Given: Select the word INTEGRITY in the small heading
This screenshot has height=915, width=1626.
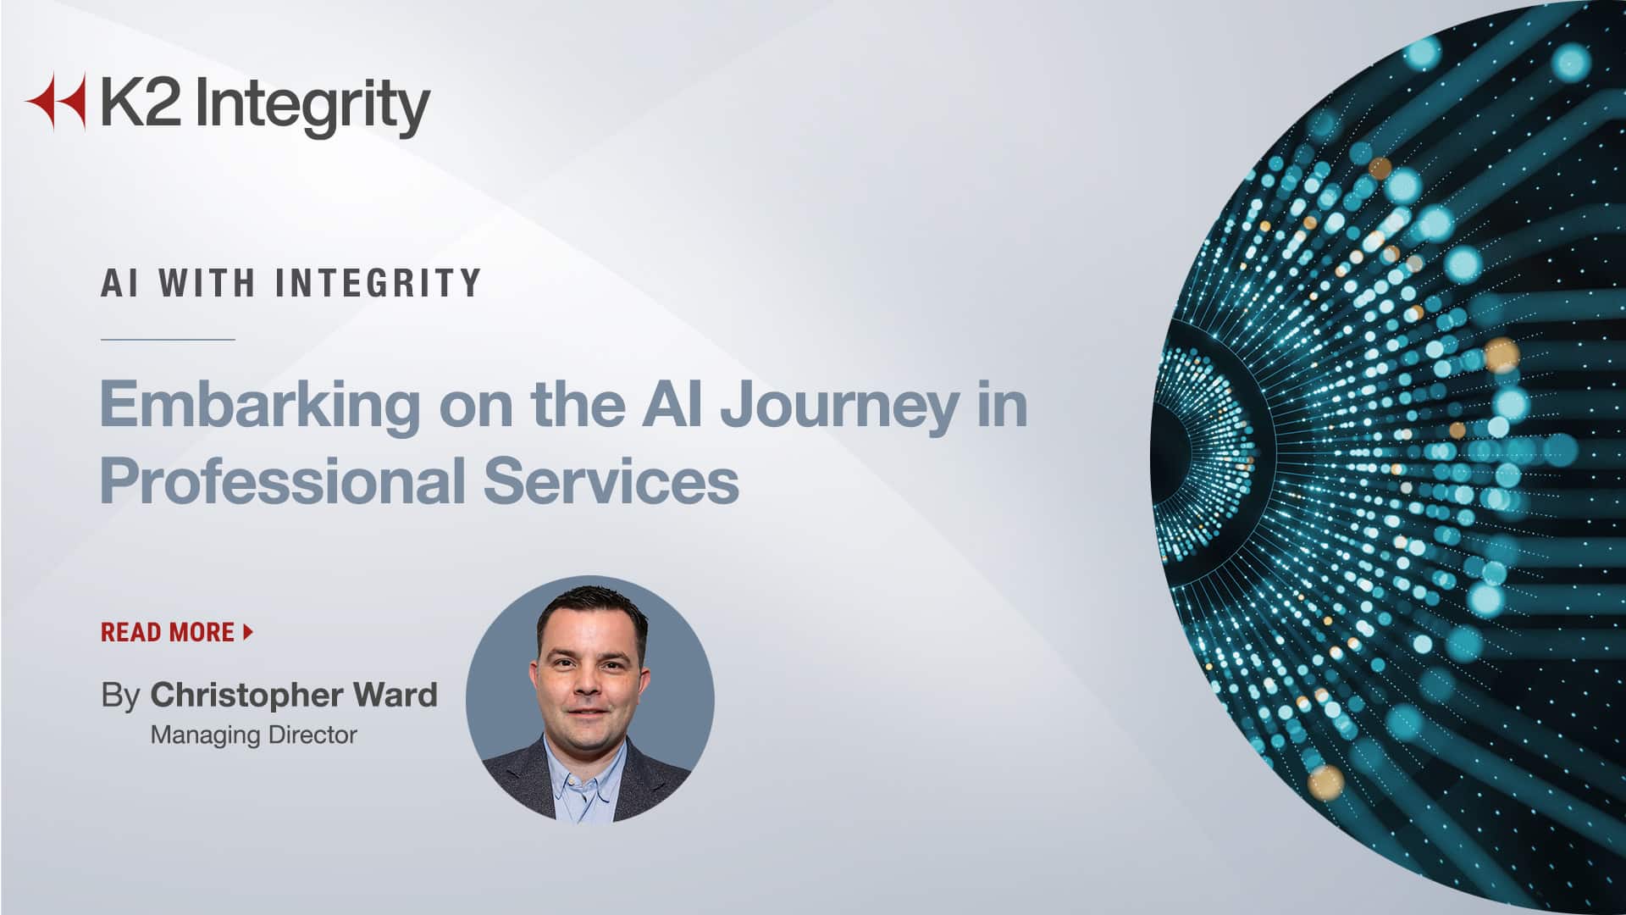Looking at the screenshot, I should (x=379, y=283).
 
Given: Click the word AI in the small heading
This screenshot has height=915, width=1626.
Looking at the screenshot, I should (x=119, y=283).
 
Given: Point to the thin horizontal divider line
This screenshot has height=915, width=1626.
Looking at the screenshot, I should (x=168, y=340).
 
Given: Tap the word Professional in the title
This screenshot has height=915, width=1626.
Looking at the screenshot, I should (x=283, y=480).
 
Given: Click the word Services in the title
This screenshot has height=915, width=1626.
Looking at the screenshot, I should (x=611, y=480).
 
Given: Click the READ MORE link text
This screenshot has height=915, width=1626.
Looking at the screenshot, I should (x=168, y=632).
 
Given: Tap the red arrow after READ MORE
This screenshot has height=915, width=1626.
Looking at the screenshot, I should (x=248, y=631).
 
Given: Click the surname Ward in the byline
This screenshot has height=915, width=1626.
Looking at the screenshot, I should (x=395, y=695).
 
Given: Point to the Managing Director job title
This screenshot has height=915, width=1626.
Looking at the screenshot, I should (x=253, y=735).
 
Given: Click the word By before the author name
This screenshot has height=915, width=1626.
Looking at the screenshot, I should (x=120, y=696).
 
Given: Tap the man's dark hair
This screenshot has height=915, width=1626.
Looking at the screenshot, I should (x=590, y=607).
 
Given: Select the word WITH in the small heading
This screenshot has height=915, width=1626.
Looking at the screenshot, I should (x=207, y=283).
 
